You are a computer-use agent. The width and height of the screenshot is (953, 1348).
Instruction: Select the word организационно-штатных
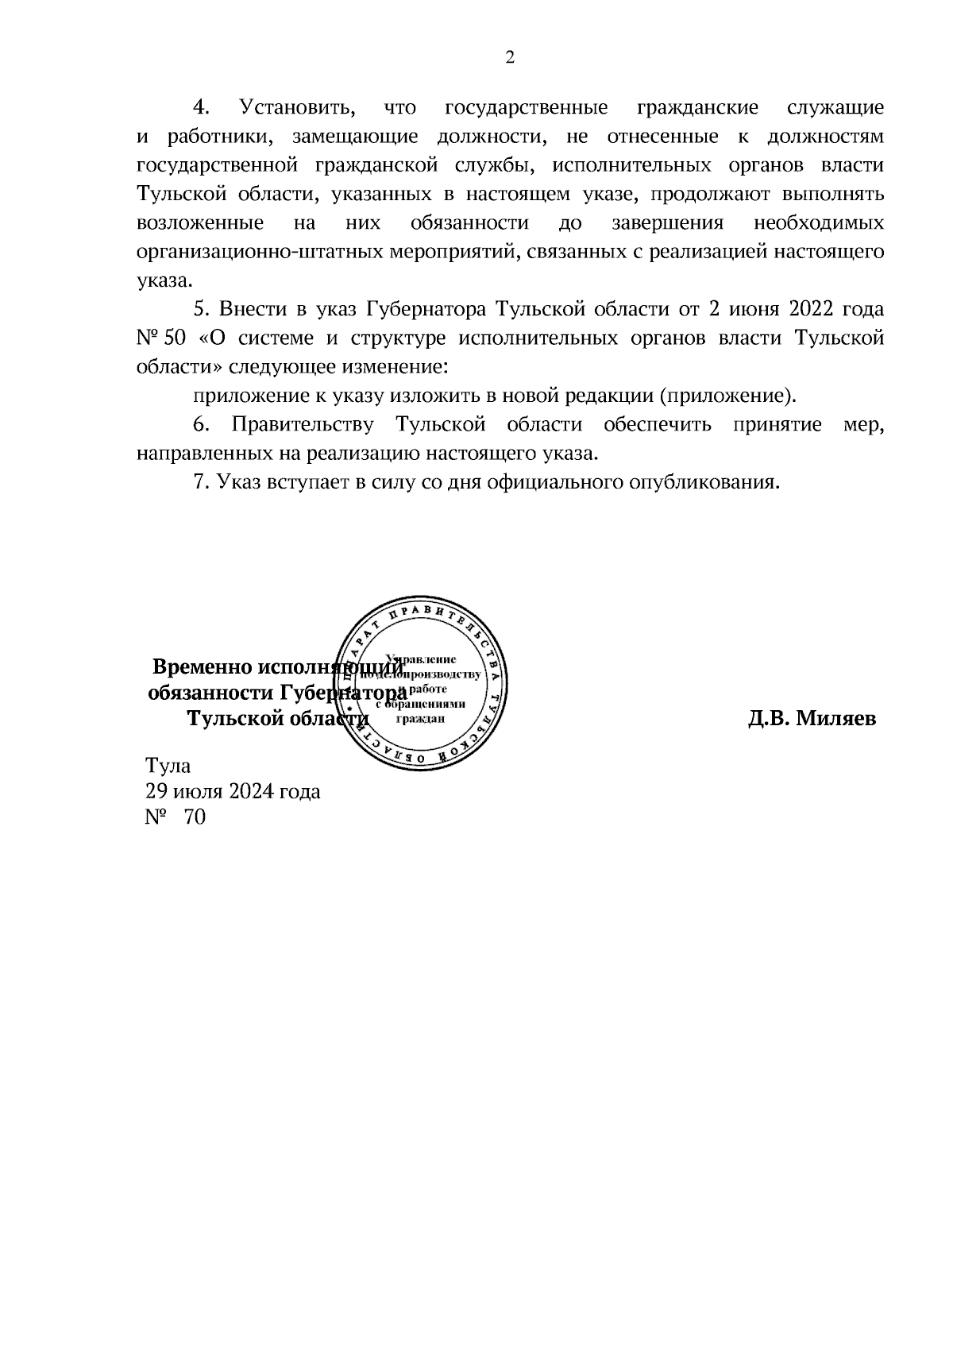[260, 252]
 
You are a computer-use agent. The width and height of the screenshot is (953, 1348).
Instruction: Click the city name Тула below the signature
[168, 766]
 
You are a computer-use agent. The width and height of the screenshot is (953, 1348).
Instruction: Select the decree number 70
[194, 817]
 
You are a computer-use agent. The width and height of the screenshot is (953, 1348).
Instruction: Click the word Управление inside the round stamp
[420, 659]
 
